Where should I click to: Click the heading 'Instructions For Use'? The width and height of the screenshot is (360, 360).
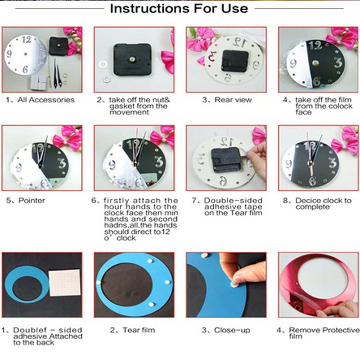coord(179,8)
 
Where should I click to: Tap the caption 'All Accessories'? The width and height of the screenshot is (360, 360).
coord(46,100)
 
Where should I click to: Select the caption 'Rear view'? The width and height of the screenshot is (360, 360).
coord(233,100)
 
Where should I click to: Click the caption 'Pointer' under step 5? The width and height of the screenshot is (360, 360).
coord(31,200)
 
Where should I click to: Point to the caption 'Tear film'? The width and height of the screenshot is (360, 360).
coord(139,330)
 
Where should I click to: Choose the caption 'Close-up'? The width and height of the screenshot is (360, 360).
coord(232,330)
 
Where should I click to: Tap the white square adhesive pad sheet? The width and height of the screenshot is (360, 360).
coord(65,283)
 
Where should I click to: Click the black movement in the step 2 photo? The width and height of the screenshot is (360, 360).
coord(133,59)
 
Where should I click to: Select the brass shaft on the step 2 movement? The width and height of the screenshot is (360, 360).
coord(132,60)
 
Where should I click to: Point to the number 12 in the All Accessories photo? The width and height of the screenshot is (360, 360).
coord(26,40)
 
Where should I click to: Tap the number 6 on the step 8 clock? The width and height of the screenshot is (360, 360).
coord(312,181)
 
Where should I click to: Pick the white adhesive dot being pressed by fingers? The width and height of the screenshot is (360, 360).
coord(234,284)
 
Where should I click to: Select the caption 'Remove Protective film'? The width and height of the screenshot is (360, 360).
coord(324,333)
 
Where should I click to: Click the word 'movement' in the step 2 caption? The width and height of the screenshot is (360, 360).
coord(129,112)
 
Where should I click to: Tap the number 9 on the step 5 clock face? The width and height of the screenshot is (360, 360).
coord(19,168)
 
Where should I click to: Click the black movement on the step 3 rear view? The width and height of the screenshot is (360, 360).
coord(235,61)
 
